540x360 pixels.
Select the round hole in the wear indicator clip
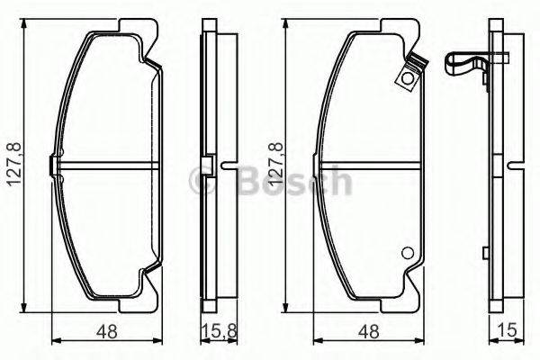point(408,77)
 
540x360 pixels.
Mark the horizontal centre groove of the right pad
point(368,166)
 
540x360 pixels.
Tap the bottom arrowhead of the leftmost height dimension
point(24,310)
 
